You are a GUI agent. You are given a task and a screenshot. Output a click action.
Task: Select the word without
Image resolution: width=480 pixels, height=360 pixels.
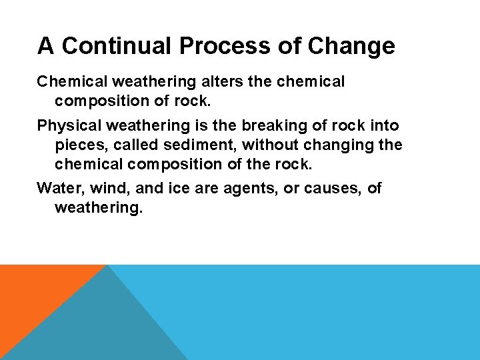[265, 145]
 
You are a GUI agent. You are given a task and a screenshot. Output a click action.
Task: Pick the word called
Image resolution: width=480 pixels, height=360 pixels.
[129, 145]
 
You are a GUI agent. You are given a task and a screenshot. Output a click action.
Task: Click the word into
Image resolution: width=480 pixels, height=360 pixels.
[383, 125]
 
